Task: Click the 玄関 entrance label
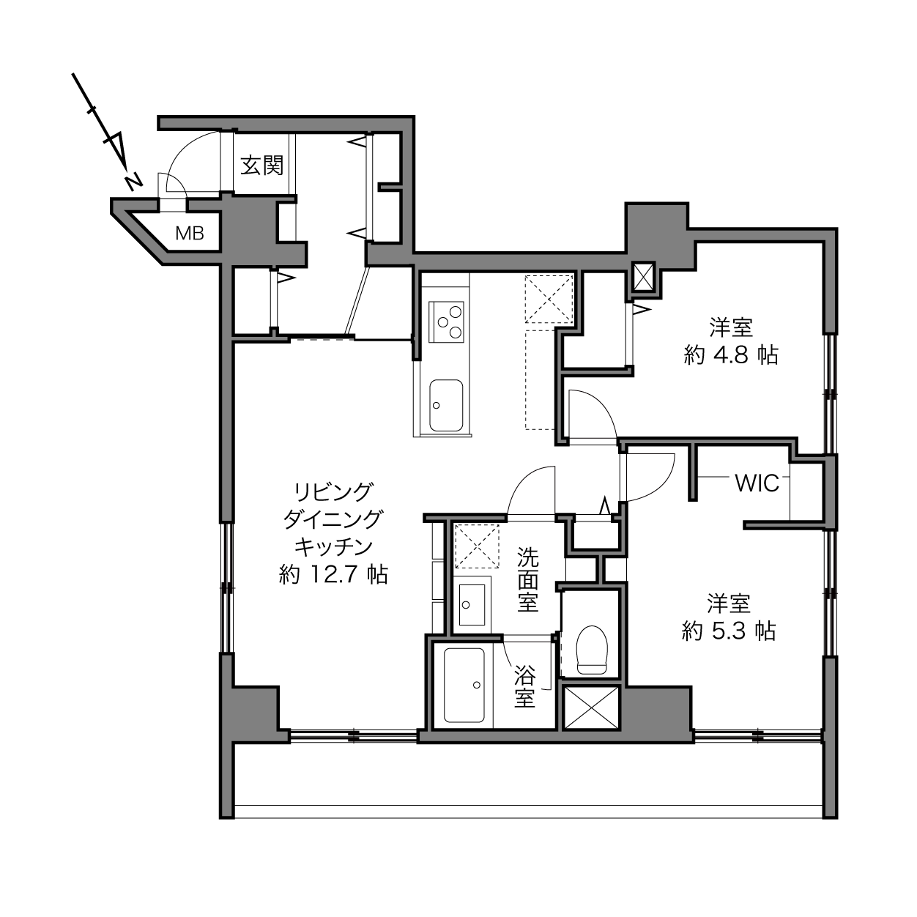pos(261,165)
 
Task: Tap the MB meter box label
pos(190,233)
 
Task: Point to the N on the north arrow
pos(134,182)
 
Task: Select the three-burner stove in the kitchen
pos(446,322)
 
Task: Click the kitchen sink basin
pos(446,405)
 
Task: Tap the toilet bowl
pos(592,650)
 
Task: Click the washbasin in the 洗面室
pos(472,604)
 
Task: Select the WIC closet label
pos(757,483)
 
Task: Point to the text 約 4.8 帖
pos(731,355)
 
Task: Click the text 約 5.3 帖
pos(729,631)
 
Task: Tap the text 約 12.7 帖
pos(333,574)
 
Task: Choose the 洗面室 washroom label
pos(528,579)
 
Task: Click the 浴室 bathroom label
pos(525,686)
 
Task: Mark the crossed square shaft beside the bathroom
pos(591,708)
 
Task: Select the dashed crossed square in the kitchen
pos(549,299)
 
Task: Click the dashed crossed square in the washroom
pos(477,546)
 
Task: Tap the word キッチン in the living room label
pos(333,547)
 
